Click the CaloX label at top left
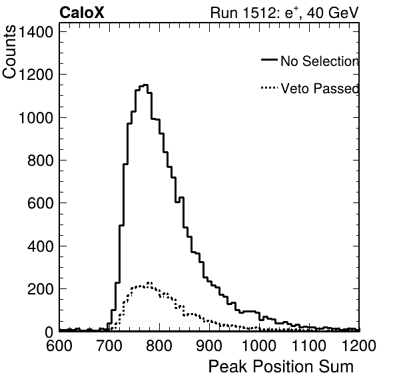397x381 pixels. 81,13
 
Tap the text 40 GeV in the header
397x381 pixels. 333,13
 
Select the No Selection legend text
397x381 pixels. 320,61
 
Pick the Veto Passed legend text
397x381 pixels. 320,89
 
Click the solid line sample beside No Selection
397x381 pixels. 269,59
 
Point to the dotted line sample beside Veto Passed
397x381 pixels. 269,88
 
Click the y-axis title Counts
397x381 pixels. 9,51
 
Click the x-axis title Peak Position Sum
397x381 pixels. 281,366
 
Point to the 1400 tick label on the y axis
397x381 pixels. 36,32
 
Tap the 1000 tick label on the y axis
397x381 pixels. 36,118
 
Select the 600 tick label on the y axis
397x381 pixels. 40,203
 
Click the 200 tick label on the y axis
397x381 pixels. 40,289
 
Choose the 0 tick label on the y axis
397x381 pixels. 49,332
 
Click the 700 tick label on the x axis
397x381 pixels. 109,346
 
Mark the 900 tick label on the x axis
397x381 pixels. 209,346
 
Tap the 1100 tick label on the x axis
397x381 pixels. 309,346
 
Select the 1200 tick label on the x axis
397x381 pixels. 359,346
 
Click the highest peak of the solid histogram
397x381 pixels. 145,85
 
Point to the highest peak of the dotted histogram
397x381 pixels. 150,282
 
